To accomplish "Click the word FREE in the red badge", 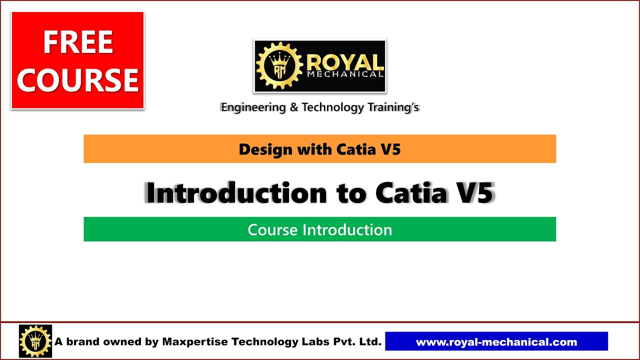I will (77, 42).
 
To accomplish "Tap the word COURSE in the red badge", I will (77, 80).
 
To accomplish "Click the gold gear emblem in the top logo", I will (278, 66).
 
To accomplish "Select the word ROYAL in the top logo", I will (345, 62).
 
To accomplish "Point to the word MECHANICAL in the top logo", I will (345, 74).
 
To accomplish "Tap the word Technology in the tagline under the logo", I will (333, 107).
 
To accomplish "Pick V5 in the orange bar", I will (390, 149).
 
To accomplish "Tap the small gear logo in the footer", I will (35, 341).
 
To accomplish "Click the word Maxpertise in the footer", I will (195, 342).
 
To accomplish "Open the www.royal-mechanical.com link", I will (496, 342).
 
